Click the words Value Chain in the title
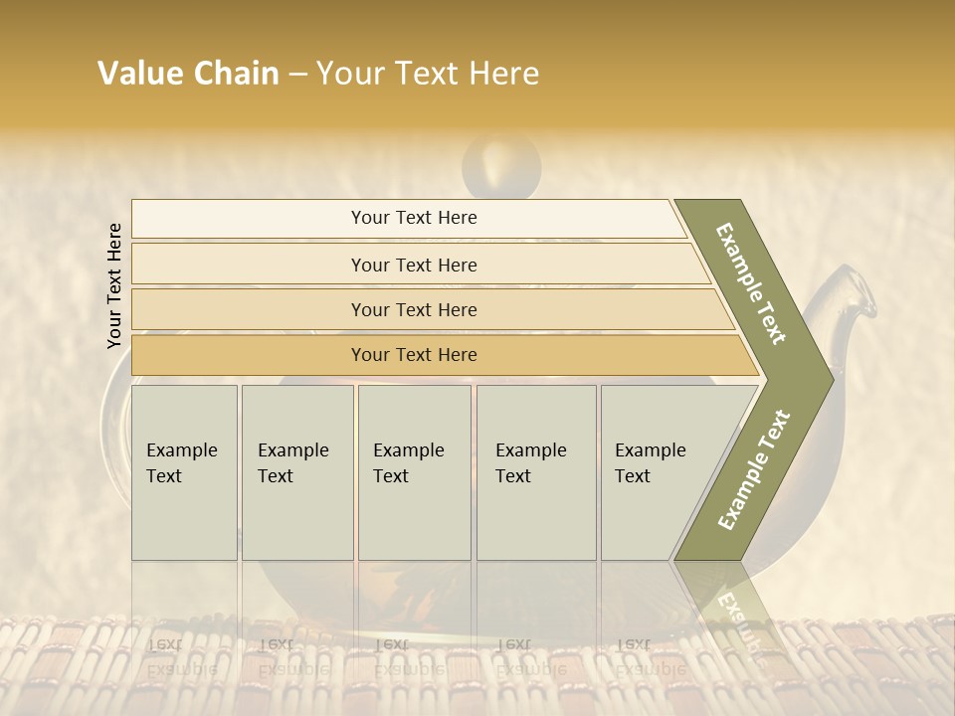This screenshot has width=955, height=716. (188, 74)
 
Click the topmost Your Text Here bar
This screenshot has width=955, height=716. (413, 218)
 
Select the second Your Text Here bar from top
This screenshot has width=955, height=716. (413, 265)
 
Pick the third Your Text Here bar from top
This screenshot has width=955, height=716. (413, 309)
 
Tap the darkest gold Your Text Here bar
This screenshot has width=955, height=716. (413, 355)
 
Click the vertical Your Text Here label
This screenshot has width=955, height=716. (114, 285)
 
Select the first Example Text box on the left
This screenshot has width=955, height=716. (184, 472)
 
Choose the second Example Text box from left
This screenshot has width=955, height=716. (296, 472)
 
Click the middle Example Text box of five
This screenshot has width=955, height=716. (414, 472)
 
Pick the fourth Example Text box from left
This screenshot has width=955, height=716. (535, 472)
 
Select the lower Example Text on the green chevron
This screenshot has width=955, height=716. (753, 470)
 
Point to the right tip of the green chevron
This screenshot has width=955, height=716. (830, 379)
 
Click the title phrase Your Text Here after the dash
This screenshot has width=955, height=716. (428, 74)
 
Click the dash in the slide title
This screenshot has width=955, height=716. (297, 74)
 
